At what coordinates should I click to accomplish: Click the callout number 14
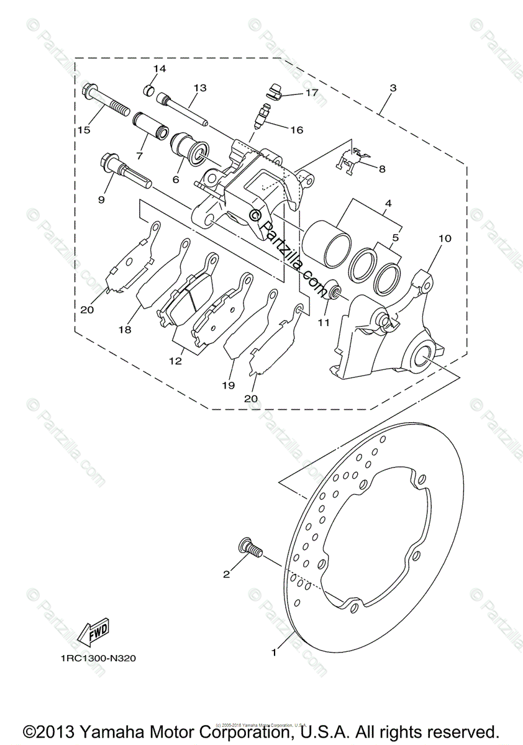click(x=160, y=69)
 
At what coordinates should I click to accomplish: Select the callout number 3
click(x=392, y=88)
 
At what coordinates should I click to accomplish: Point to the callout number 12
click(x=175, y=360)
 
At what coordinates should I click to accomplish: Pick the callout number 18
click(x=125, y=330)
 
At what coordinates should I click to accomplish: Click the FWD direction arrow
click(x=93, y=633)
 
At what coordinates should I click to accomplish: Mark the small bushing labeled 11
click(x=332, y=289)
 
